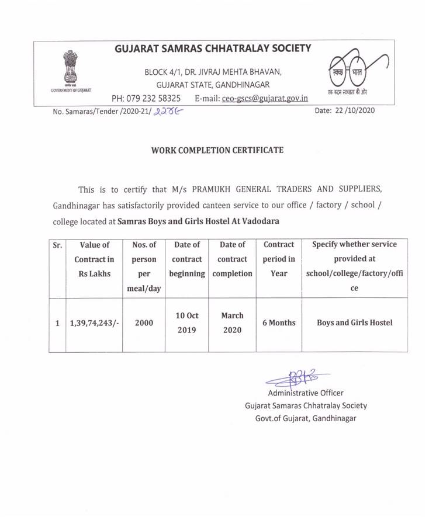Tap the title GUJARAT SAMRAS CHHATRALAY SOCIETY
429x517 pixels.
click(x=214, y=48)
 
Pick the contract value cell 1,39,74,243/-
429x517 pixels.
click(x=94, y=322)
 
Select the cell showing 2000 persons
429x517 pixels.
click(x=144, y=322)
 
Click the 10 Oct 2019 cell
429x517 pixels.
click(x=187, y=322)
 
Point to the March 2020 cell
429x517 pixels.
click(x=232, y=322)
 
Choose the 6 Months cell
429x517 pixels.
click(x=279, y=322)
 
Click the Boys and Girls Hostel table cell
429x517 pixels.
click(x=354, y=322)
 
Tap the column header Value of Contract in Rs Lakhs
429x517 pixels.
click(x=94, y=259)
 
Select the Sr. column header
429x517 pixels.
click(x=58, y=245)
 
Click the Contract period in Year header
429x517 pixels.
click(x=279, y=259)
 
